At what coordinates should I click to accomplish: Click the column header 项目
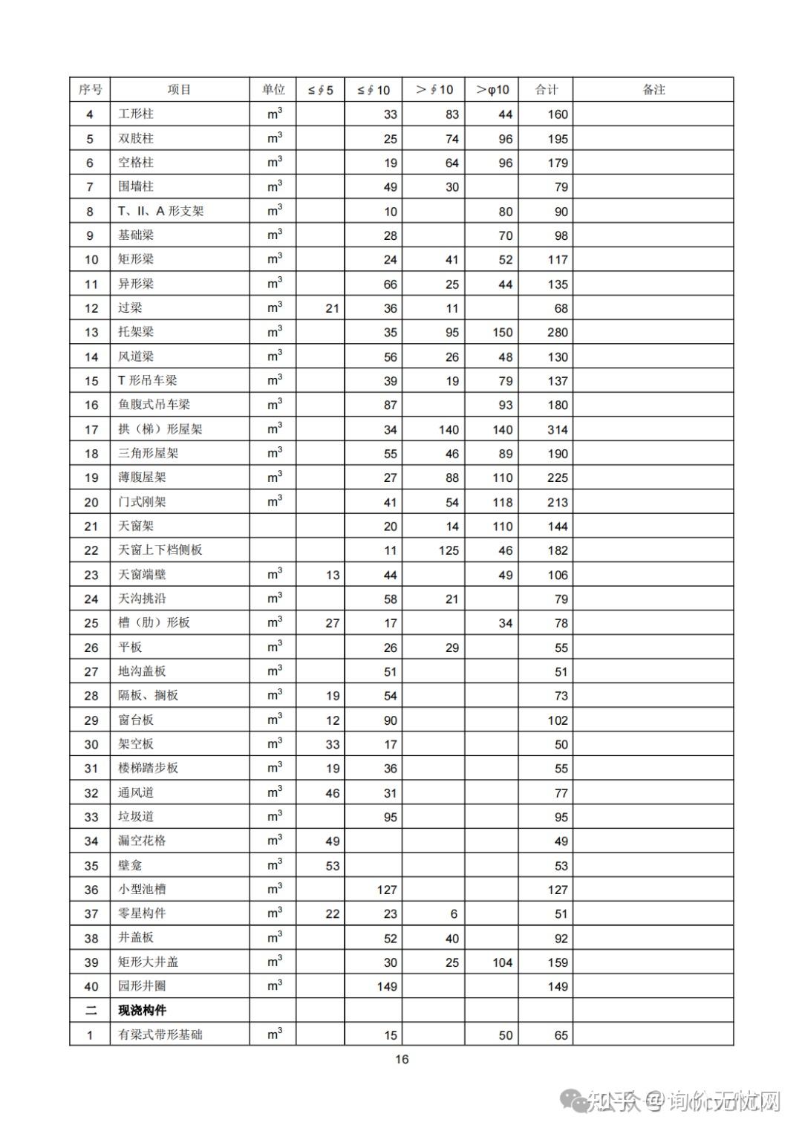click(179, 90)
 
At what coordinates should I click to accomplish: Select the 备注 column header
click(653, 90)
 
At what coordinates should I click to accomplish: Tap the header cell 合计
click(546, 90)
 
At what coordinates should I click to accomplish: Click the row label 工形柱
click(136, 114)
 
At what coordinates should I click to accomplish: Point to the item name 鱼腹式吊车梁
click(154, 405)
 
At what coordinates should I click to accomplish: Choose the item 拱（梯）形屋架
click(160, 429)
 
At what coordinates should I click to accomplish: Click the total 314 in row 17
click(557, 429)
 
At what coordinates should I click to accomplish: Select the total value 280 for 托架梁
click(557, 332)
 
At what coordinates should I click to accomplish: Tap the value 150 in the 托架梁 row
click(502, 332)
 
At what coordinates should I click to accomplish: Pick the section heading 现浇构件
click(142, 1010)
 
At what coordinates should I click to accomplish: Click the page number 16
click(401, 1059)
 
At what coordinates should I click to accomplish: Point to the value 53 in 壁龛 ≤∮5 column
click(332, 865)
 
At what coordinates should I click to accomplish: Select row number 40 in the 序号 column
click(91, 986)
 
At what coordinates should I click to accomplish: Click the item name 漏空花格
click(142, 841)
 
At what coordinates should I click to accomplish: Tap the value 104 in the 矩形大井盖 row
click(502, 962)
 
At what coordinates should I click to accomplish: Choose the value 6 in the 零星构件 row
click(453, 913)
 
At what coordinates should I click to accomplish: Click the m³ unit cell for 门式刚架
click(274, 501)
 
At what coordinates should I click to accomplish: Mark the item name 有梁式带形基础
click(160, 1034)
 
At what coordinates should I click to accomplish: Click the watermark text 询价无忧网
click(723, 1101)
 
